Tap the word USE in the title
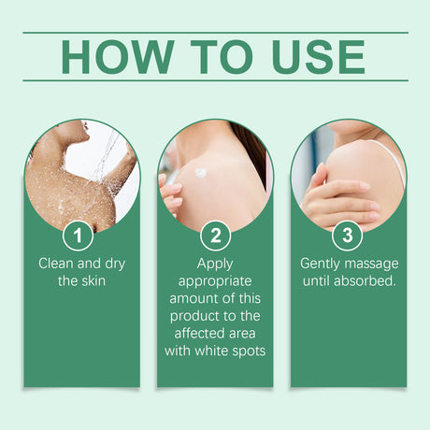pyautogui.click(x=319, y=57)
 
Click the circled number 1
pyautogui.click(x=78, y=236)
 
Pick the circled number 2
pyautogui.click(x=215, y=236)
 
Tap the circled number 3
pyautogui.click(x=348, y=236)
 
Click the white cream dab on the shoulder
pyautogui.click(x=200, y=173)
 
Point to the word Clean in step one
pyautogui.click(x=56, y=264)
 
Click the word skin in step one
pyautogui.click(x=92, y=281)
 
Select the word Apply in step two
pyautogui.click(x=215, y=265)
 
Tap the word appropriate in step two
pyautogui.click(x=215, y=281)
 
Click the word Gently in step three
pyautogui.click(x=320, y=265)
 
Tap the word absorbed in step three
pyautogui.click(x=365, y=281)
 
